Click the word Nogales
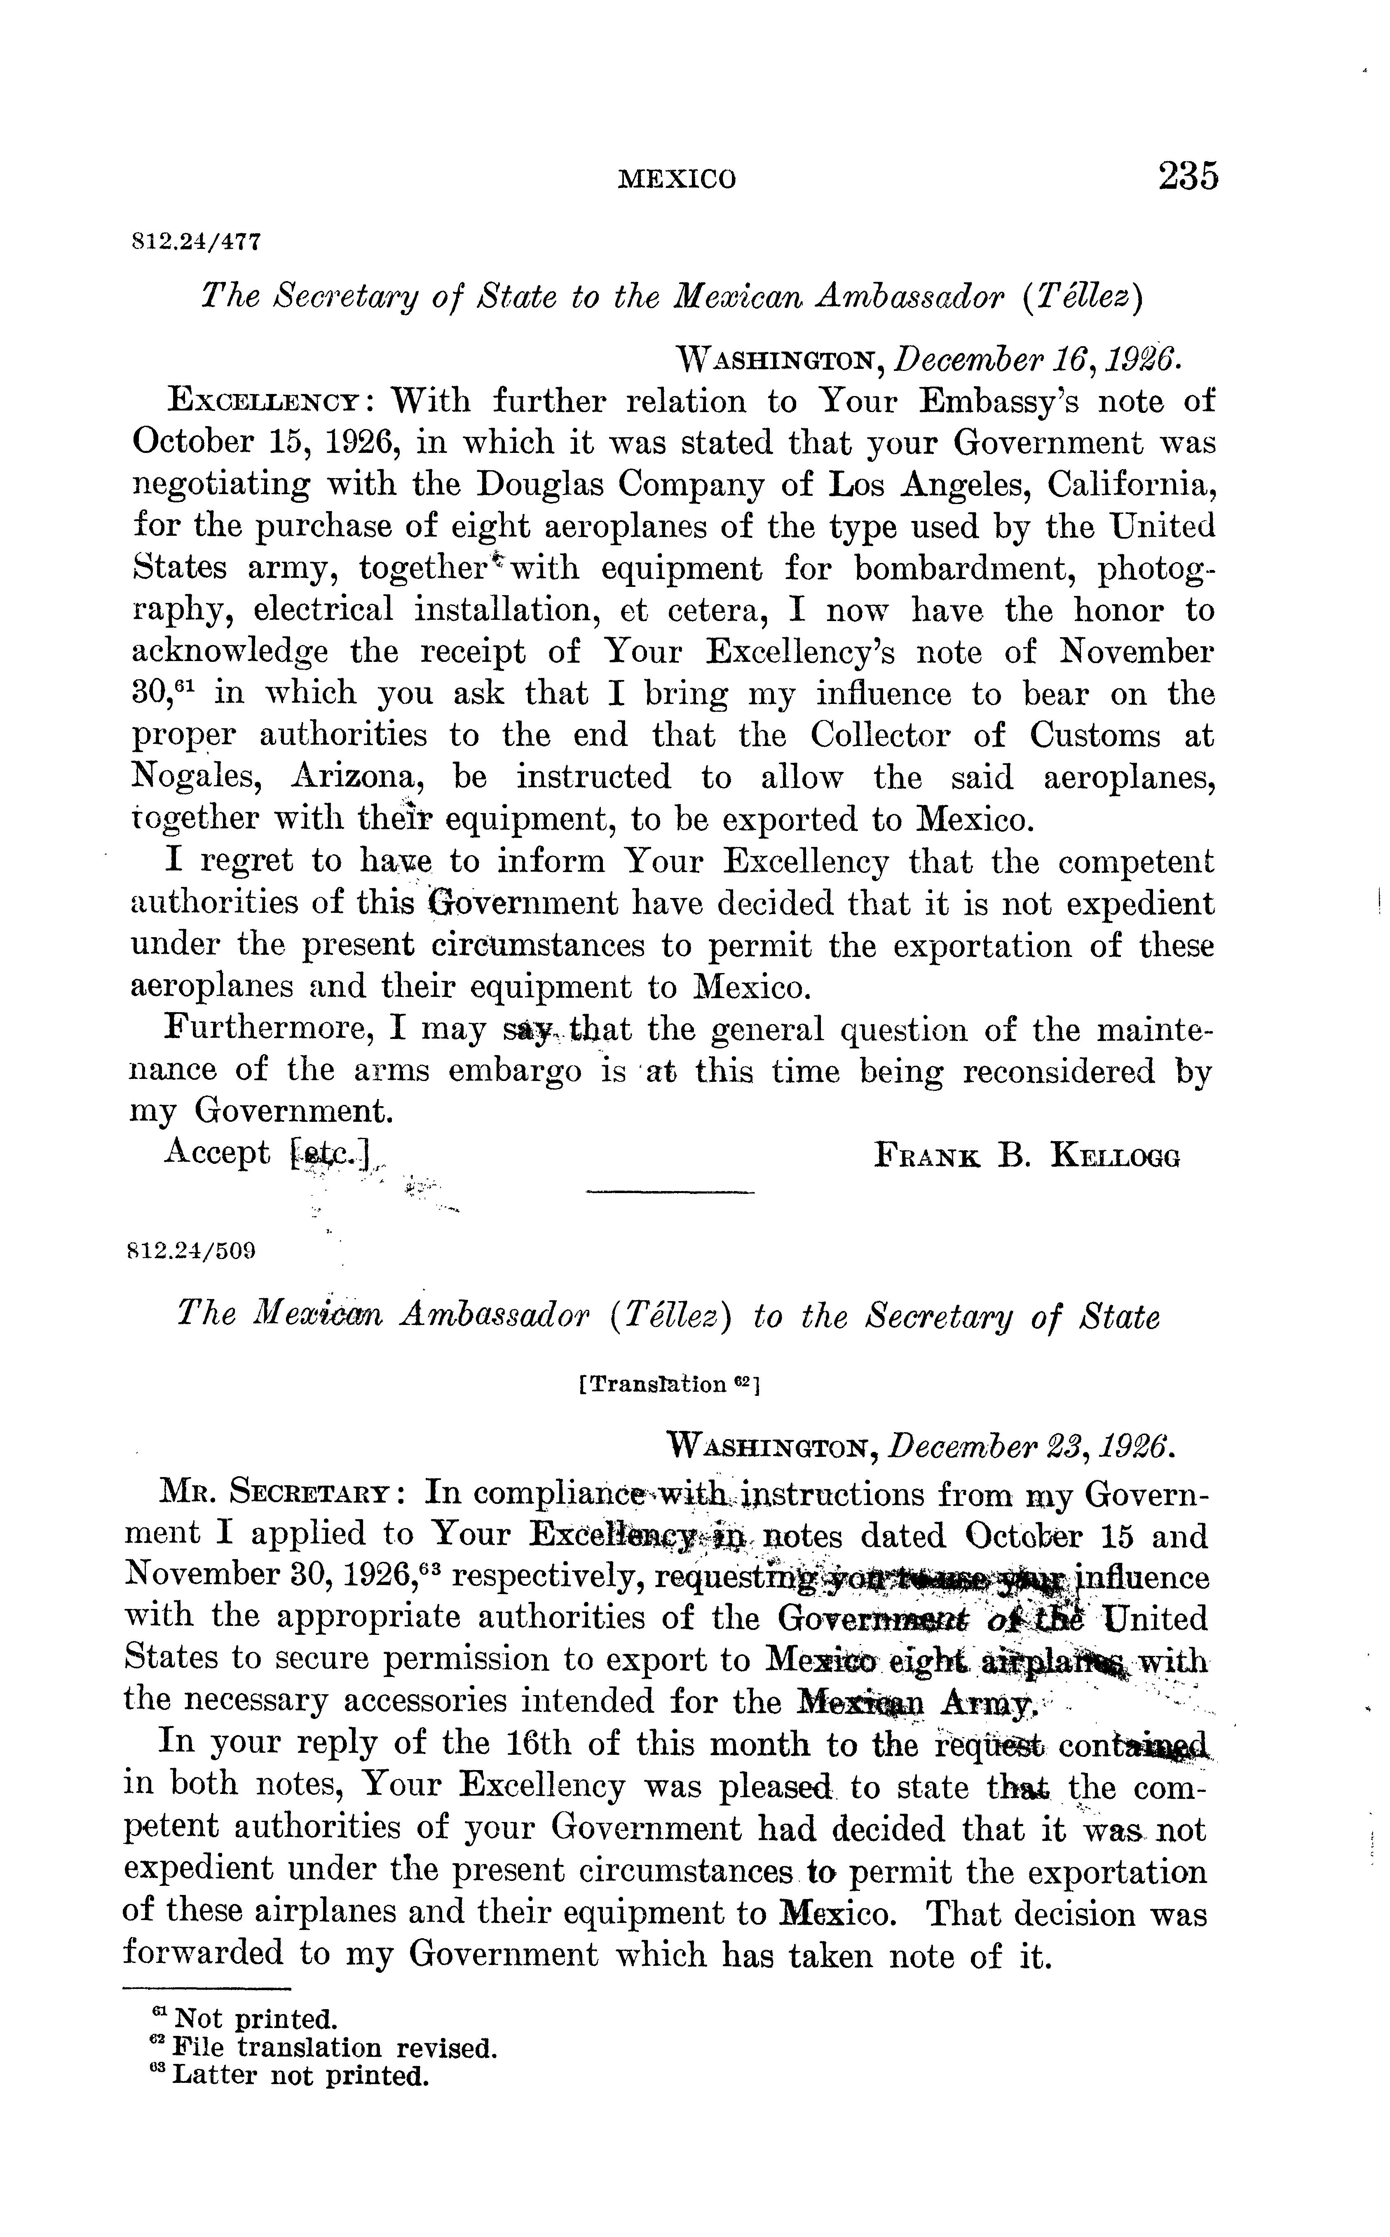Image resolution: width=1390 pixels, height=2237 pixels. pos(195,778)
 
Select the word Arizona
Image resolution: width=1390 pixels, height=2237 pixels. pos(355,778)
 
